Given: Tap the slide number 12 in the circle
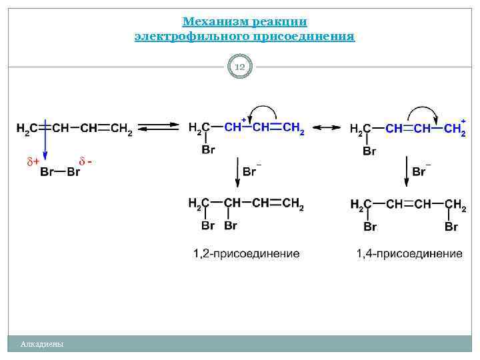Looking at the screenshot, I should click(240, 67).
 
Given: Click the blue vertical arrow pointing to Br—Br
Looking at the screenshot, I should click(44, 145).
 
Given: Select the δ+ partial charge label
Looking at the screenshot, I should click(33, 161).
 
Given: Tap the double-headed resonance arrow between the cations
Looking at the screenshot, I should click(327, 127).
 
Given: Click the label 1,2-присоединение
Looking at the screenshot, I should click(246, 254).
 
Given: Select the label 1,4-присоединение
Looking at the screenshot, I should click(409, 254).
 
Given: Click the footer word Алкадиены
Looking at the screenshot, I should click(42, 344).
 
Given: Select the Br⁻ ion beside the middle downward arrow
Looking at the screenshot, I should click(251, 171).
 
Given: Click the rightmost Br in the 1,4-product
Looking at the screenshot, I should click(451, 227).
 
